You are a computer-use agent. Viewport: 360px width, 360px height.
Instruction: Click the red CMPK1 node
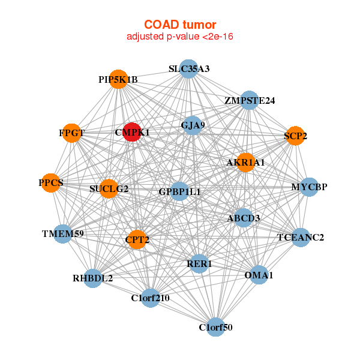(x=132, y=131)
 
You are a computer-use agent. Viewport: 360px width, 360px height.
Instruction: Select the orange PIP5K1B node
(x=119, y=80)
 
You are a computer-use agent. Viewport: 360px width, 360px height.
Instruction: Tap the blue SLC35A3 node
(x=189, y=68)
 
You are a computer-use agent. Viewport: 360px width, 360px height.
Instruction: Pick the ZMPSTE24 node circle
(x=249, y=100)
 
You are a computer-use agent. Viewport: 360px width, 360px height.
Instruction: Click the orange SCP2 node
(x=295, y=136)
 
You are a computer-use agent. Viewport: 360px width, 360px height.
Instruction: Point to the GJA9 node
(x=192, y=125)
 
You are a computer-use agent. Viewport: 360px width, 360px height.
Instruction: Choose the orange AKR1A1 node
(x=245, y=163)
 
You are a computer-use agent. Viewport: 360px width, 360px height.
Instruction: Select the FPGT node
(x=73, y=133)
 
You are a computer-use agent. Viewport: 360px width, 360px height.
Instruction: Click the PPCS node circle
(x=52, y=182)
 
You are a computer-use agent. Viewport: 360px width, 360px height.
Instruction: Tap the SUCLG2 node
(x=109, y=189)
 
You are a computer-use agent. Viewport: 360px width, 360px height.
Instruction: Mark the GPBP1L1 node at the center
(x=179, y=191)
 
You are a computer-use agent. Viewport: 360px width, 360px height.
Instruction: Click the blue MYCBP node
(x=309, y=187)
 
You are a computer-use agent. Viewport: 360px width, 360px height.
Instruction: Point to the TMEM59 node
(x=62, y=233)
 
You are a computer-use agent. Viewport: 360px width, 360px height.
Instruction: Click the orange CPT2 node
(x=137, y=239)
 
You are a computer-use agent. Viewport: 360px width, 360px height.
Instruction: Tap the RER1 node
(x=200, y=263)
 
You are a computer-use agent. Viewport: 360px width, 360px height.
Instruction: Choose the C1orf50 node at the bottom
(x=215, y=327)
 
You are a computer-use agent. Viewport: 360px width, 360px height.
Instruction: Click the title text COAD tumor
(x=180, y=24)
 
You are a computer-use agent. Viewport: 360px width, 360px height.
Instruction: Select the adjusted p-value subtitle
(x=180, y=37)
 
